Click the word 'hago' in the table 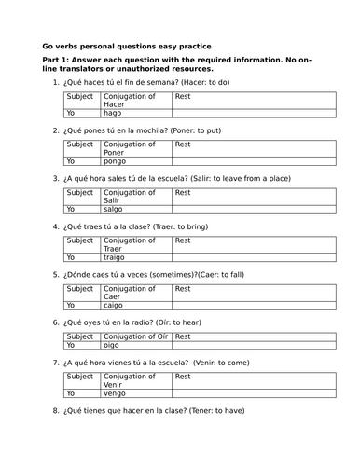coord(113,113)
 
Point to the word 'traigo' coord(115,257)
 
